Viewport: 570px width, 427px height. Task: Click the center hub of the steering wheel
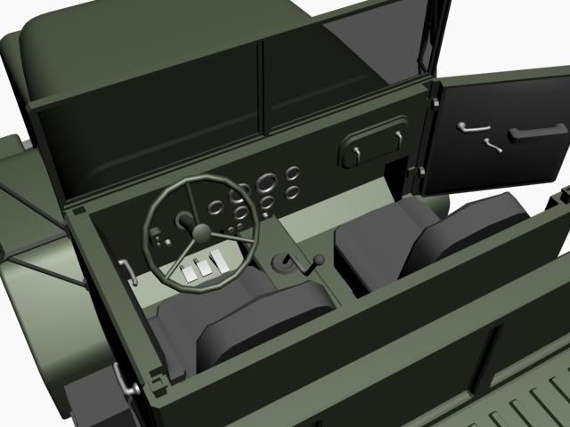point(202,233)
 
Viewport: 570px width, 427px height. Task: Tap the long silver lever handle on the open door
point(469,126)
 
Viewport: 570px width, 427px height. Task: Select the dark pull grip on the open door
point(537,133)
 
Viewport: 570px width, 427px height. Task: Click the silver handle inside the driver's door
point(127,271)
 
